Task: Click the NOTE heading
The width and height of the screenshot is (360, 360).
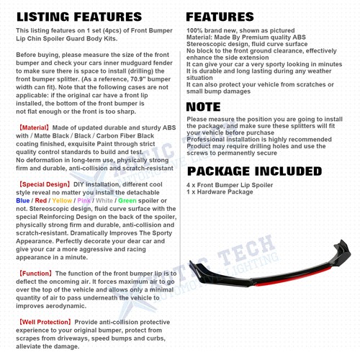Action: (204, 107)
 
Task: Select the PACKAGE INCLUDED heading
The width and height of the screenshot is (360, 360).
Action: (254, 171)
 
